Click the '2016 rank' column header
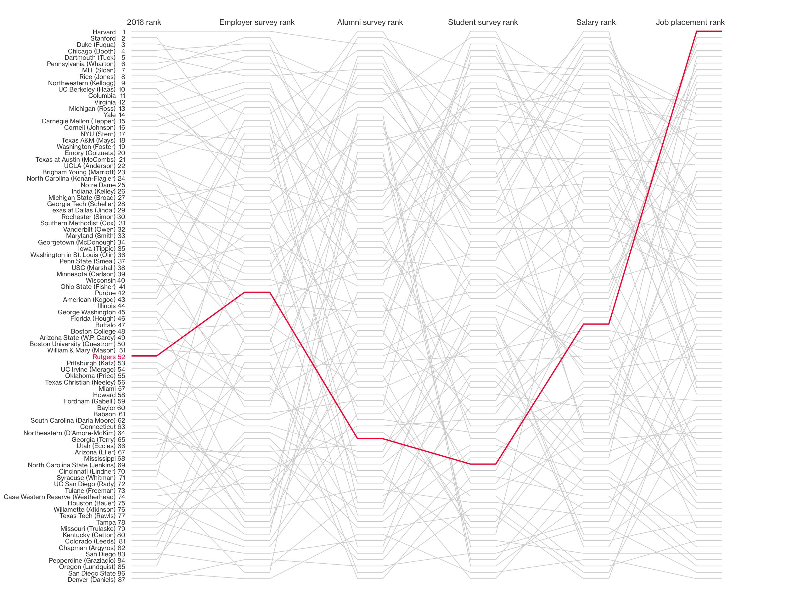pos(144,22)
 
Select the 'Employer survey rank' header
pos(256,22)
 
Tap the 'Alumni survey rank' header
pos(369,22)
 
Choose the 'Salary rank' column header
pos(596,22)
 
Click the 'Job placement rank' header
pos(690,22)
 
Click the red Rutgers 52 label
pos(109,357)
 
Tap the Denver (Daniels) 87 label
pos(96,580)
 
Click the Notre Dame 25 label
pos(103,185)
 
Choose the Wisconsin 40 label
pos(105,280)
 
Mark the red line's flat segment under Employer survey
pos(256,292)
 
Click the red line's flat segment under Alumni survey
pos(369,438)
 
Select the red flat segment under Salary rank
pos(596,324)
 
